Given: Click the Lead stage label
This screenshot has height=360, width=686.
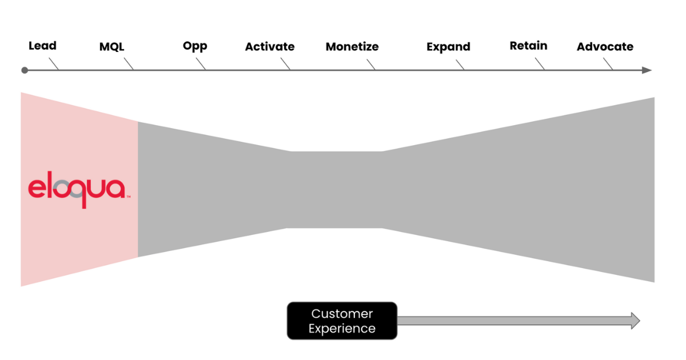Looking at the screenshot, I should (x=42, y=46).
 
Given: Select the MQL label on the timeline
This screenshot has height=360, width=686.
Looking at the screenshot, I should (x=111, y=47).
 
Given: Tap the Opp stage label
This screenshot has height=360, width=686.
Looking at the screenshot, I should (x=195, y=46).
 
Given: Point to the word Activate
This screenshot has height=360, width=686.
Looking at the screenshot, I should (x=270, y=47).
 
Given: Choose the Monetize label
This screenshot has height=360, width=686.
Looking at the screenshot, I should (x=352, y=47).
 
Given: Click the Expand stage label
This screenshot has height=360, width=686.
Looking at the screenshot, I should (x=448, y=47).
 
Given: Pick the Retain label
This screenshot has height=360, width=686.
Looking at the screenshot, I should (x=528, y=46).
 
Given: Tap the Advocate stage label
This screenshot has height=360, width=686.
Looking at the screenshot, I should (x=605, y=47).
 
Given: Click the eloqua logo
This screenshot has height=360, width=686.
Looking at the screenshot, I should (x=77, y=189).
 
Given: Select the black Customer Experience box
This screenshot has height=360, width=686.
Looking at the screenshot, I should (x=342, y=321).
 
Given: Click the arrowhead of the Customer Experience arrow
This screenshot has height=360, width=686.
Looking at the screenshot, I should (x=635, y=321).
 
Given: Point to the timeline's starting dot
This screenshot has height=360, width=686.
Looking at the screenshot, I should (x=24, y=70).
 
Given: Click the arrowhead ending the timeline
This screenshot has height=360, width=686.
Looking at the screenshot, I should (x=647, y=70).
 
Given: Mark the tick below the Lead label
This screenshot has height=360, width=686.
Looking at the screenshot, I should (x=54, y=65).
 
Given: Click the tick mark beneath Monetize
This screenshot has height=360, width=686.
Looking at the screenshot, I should (x=372, y=66).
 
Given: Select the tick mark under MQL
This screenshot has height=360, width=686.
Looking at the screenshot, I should (x=130, y=66).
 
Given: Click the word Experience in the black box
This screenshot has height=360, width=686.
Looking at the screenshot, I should (x=342, y=329).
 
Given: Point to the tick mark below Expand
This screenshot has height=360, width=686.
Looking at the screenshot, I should (x=460, y=66).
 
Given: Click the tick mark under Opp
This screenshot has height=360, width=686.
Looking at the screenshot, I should (x=201, y=66).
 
